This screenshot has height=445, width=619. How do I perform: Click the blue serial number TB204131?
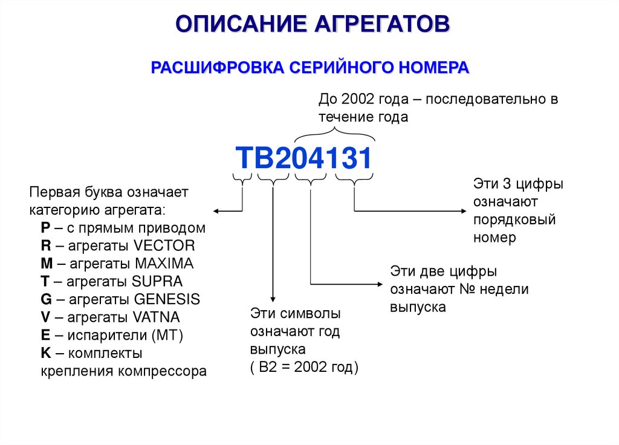click(x=303, y=159)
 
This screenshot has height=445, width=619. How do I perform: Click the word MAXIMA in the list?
click(x=164, y=264)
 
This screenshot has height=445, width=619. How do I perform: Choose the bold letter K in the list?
click(x=46, y=353)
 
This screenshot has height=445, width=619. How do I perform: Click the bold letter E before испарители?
click(x=45, y=336)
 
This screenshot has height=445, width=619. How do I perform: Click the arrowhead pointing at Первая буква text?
click(x=216, y=210)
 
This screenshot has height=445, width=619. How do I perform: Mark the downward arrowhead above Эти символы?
click(x=273, y=299)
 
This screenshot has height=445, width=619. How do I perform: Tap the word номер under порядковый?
click(x=494, y=237)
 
